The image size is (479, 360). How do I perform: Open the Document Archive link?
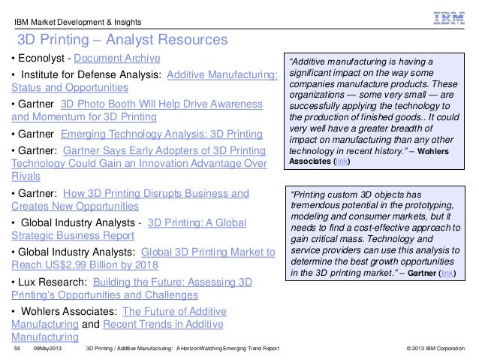(x=116, y=59)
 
